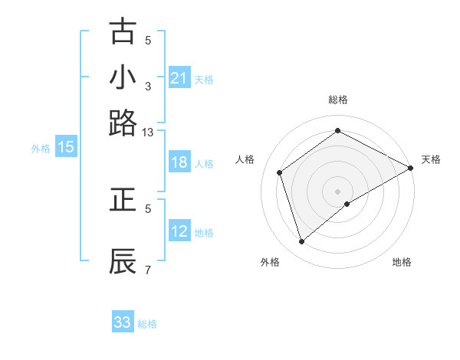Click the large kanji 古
pos(123,33)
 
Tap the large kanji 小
pos(123,78)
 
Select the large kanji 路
pos(123,123)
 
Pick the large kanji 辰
pos(123,261)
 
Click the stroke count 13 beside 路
pos(148,133)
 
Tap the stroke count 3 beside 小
pos(148,87)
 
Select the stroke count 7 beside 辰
pos(148,270)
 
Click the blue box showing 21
pos(179,78)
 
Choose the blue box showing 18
pos(179,162)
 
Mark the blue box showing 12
pos(179,231)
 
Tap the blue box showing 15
pos(66,148)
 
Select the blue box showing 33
pos(123,322)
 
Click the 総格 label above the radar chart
pos(337,100)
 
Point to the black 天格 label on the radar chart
pos(431,159)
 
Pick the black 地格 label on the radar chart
pos(402,262)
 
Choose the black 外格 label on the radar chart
pos(270,262)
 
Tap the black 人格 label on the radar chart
pos(245,159)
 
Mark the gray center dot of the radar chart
pos(337,191)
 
